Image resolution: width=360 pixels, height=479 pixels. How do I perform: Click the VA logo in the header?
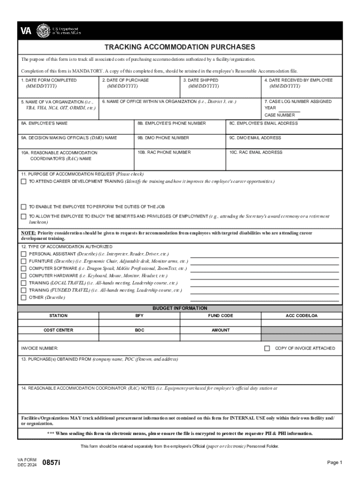26,31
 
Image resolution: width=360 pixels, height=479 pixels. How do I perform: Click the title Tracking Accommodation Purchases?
180,47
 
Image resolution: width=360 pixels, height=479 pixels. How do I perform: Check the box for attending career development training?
23,181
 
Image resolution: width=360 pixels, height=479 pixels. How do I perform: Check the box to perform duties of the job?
23,206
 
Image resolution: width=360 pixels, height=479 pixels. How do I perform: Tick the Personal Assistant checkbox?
23,254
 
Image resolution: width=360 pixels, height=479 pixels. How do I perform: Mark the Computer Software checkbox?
23,269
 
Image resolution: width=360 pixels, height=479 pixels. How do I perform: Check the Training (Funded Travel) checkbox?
23,290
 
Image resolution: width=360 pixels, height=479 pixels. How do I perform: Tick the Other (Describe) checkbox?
23,298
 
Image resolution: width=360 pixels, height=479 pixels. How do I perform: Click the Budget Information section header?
180,308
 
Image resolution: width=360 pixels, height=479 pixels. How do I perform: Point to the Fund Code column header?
220,316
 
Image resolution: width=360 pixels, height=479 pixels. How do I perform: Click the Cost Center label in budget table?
58,330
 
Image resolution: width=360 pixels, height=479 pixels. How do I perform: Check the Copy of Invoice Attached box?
267,348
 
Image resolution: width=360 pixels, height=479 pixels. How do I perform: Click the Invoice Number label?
40,348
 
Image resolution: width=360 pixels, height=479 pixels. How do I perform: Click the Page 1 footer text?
335,462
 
